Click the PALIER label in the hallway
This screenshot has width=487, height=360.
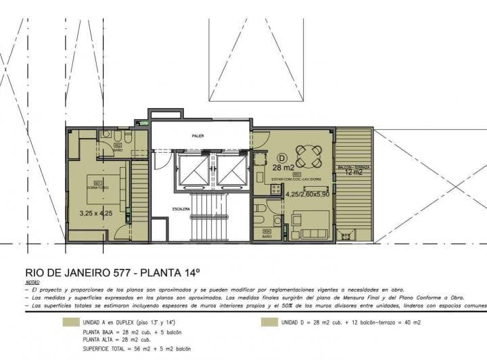click(x=198, y=136)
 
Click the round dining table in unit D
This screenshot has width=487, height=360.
click(x=308, y=157)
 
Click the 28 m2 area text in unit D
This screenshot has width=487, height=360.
click(x=282, y=167)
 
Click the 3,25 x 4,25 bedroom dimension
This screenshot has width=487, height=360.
click(x=95, y=213)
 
